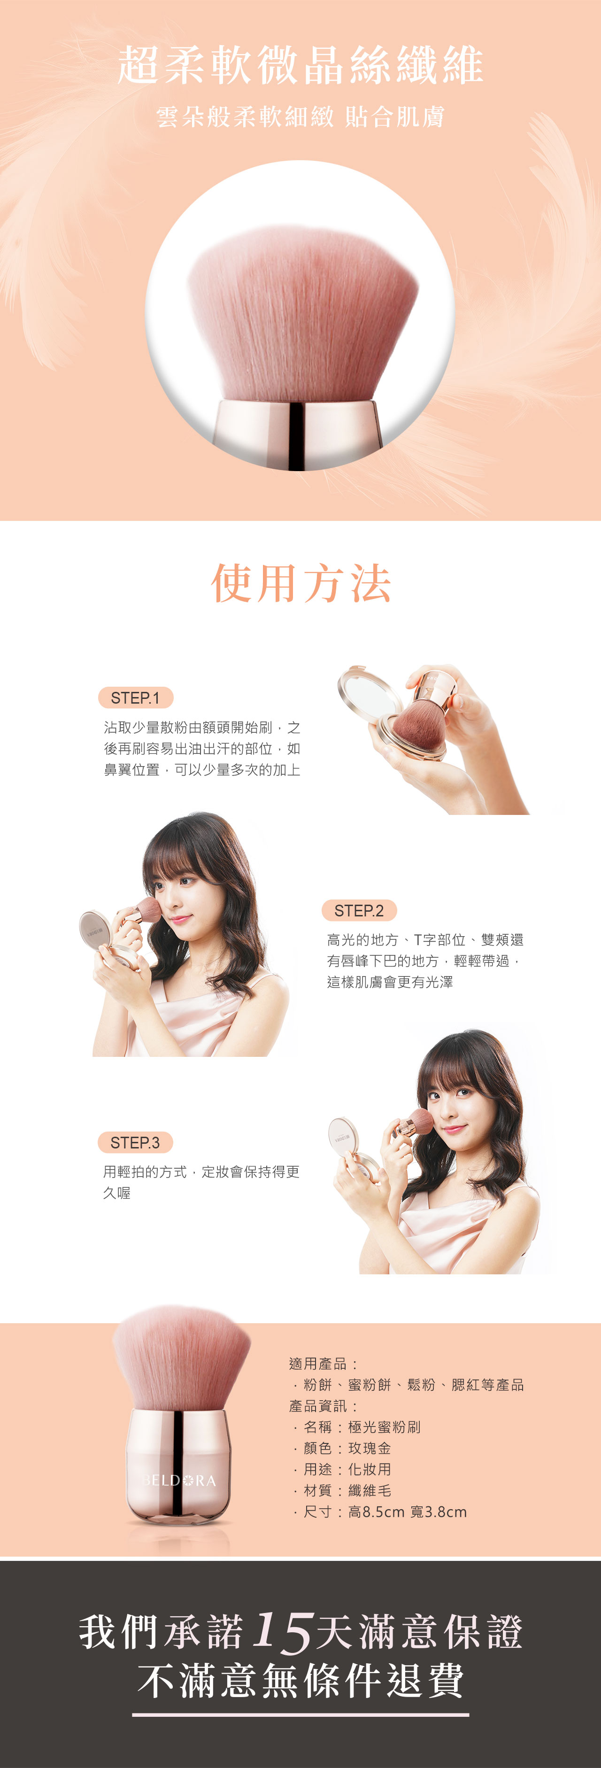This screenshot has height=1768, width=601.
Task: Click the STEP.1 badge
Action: [136, 698]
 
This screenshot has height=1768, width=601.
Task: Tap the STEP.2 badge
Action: [359, 910]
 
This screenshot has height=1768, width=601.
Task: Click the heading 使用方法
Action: [300, 583]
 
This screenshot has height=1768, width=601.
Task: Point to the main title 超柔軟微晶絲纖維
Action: [300, 65]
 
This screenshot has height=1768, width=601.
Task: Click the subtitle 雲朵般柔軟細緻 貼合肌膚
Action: [300, 116]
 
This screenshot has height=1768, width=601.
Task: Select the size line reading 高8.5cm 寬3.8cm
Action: [408, 1512]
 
